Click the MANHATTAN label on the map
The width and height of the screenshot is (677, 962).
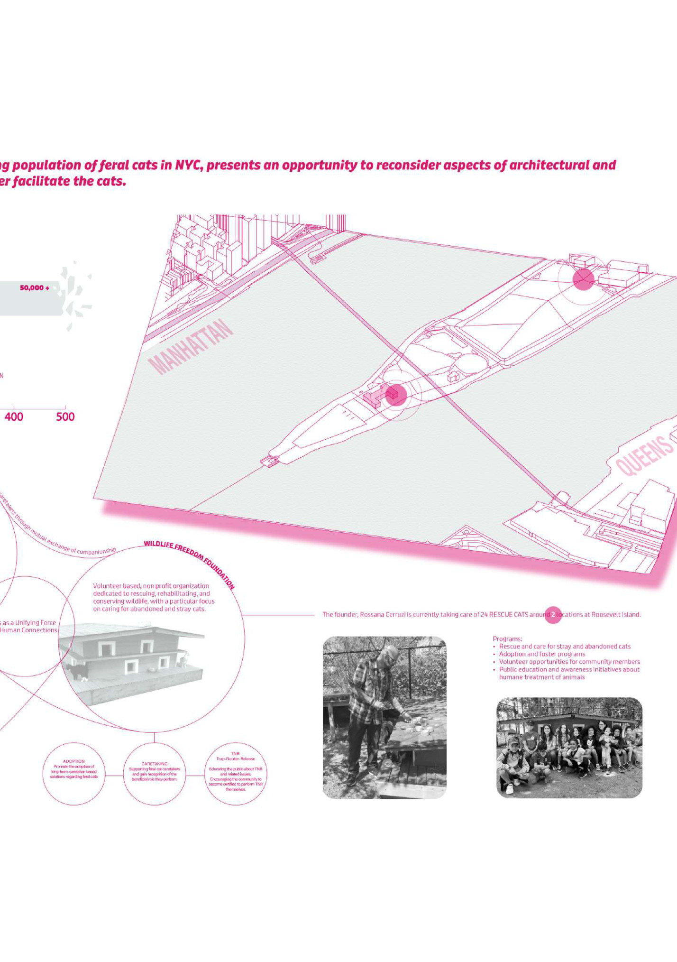191,346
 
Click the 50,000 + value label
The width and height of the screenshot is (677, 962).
34,288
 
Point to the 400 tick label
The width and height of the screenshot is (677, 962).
14,417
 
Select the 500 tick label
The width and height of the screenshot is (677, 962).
65,417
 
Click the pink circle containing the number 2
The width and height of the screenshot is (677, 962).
553,615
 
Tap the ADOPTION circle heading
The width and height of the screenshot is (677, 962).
73,761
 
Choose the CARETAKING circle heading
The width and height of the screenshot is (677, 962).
155,764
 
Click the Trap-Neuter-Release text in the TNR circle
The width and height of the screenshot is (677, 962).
236,758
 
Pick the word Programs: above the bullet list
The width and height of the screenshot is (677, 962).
507,639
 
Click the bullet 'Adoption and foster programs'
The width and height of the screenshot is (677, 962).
542,654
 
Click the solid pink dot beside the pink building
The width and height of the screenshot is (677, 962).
397,395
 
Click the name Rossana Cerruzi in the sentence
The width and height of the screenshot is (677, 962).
382,615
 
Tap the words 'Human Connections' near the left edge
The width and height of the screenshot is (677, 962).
28,630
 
